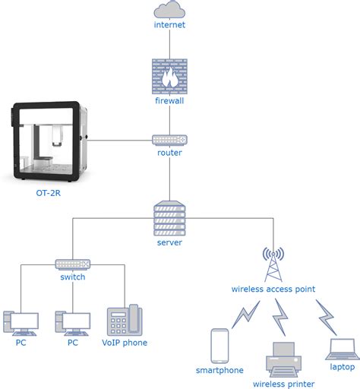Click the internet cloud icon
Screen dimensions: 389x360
169,10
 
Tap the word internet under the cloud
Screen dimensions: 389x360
169,25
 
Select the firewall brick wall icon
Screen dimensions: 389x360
169,76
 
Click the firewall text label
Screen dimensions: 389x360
169,100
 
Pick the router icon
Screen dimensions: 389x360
169,140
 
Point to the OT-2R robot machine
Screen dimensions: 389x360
49,141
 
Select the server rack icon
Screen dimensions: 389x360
169,218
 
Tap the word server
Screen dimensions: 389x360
169,242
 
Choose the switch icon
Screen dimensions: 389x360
73,264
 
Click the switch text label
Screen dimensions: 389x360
73,277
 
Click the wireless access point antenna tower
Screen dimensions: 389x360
273,264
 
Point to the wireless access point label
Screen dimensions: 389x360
273,289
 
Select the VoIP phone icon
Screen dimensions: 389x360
124,320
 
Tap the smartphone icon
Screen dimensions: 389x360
219,345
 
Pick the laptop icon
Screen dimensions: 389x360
342,349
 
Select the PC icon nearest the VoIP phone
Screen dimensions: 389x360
73,323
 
